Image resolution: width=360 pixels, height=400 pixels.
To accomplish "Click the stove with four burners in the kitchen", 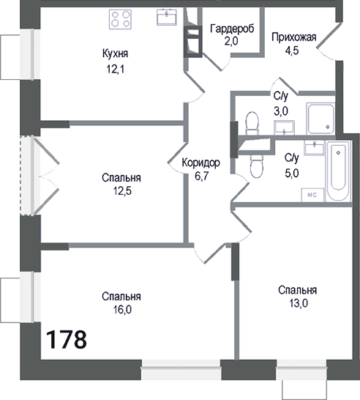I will pyautogui.click(x=120, y=20).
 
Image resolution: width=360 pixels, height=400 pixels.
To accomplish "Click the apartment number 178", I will pyautogui.click(x=67, y=340).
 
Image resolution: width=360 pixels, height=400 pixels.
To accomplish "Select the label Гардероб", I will pyautogui.click(x=231, y=29).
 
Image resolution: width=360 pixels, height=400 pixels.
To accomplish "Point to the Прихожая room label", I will pyautogui.click(x=293, y=38).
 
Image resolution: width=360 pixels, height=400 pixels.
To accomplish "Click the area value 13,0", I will pyautogui.click(x=297, y=304).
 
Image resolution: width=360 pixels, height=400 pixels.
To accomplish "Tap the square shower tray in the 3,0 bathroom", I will pyautogui.click(x=320, y=119).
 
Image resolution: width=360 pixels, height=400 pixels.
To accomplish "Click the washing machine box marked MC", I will pyautogui.click(x=310, y=195).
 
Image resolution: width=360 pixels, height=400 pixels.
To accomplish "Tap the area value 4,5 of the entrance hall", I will pyautogui.click(x=293, y=51).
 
